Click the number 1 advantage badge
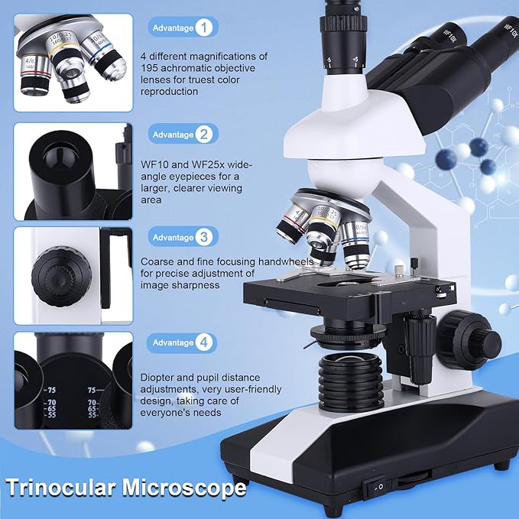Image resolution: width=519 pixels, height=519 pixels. (203, 28)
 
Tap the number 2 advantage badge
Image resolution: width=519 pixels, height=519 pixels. (203, 135)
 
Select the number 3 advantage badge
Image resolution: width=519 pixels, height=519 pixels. (203, 237)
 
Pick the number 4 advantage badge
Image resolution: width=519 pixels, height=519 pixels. (203, 342)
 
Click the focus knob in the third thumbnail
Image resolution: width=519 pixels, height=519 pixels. (54, 271)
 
